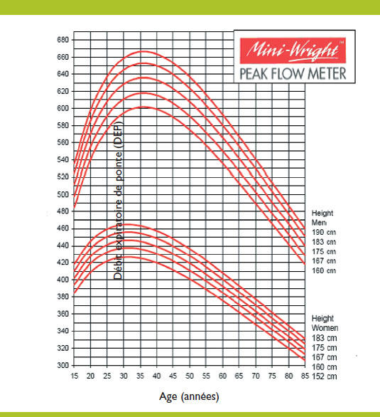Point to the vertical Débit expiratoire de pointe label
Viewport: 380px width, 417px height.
[x=119, y=200]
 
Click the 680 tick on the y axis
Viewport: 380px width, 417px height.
[x=63, y=40]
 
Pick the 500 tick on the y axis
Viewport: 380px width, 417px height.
[x=63, y=194]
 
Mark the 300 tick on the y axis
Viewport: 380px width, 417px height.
[x=63, y=365]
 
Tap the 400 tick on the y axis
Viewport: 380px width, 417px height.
[x=63, y=280]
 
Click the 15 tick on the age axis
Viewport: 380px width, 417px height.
[x=75, y=375]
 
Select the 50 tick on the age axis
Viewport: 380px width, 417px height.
[x=190, y=375]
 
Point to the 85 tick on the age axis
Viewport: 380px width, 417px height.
[x=305, y=375]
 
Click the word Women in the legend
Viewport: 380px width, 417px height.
[x=325, y=327]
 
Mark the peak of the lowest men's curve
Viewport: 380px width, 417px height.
[x=144, y=107]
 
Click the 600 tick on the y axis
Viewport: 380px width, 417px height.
[x=63, y=108]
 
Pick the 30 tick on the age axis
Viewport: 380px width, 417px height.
[x=124, y=375]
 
